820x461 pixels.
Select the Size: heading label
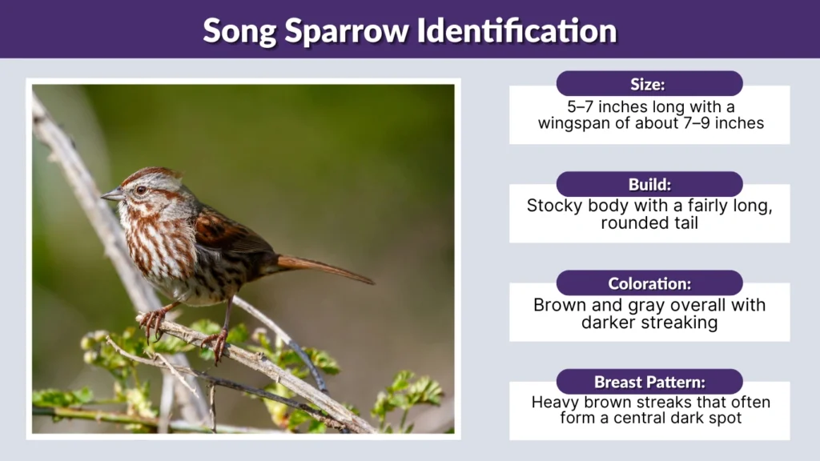pyautogui.click(x=649, y=84)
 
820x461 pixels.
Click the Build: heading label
pyautogui.click(x=649, y=184)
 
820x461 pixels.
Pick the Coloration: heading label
pyautogui.click(x=649, y=283)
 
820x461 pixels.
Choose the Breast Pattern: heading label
pyautogui.click(x=649, y=382)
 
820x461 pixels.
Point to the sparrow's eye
pyautogui.click(x=142, y=190)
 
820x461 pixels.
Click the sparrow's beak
pyautogui.click(x=112, y=194)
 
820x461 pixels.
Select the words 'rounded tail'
pyautogui.click(x=649, y=222)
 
